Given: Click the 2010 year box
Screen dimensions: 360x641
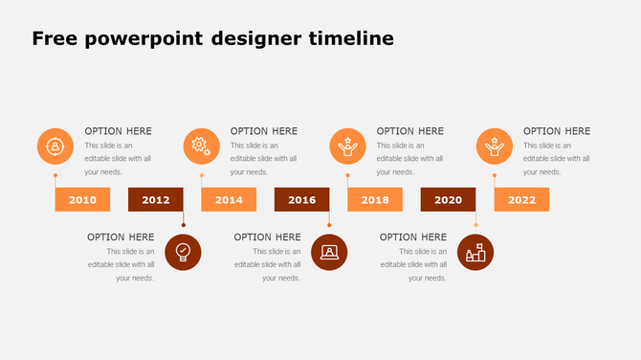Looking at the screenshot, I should [x=82, y=199].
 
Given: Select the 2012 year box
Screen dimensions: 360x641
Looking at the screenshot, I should [x=155, y=199].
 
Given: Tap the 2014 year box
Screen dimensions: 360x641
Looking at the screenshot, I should [x=229, y=199].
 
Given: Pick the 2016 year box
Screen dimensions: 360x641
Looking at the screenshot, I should [x=301, y=199].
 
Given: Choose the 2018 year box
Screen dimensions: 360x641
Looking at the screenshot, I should [x=375, y=199].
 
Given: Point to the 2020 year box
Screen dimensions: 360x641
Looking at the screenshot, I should [x=448, y=199].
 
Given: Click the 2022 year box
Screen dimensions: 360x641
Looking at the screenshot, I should [x=521, y=199].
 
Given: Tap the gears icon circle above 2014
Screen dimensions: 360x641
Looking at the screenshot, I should [x=201, y=146].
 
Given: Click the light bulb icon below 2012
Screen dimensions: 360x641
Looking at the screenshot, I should [x=183, y=252].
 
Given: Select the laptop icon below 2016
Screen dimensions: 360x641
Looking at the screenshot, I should [x=329, y=252].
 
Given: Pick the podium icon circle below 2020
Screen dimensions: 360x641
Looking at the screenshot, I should [x=475, y=252].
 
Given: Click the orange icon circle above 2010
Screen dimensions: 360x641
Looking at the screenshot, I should [x=55, y=146].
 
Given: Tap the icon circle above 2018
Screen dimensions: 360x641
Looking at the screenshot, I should [x=348, y=146].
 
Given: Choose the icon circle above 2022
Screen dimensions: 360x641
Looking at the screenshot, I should [x=495, y=146].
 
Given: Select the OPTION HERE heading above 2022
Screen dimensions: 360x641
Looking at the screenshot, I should [x=557, y=131].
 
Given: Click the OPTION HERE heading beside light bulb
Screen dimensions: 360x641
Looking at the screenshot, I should [x=121, y=236].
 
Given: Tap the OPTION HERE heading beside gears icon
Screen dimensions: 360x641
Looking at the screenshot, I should [x=264, y=131].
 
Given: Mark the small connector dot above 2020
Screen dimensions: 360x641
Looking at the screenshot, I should [x=475, y=226].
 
